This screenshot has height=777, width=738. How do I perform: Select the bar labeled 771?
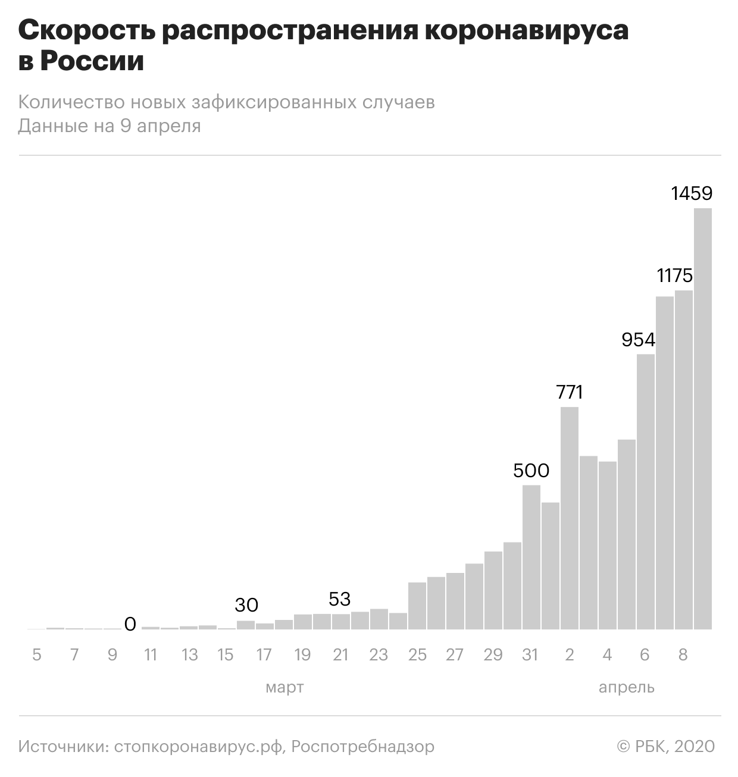[570, 518]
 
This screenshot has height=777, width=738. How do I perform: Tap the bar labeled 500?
[531, 557]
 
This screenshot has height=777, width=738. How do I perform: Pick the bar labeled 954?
[646, 491]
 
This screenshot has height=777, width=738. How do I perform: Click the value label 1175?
[675, 275]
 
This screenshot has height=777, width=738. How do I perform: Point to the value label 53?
[340, 599]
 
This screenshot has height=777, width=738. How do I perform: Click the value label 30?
[246, 605]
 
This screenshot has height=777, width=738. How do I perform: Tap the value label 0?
[130, 624]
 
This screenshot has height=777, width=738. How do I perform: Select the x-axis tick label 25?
[417, 655]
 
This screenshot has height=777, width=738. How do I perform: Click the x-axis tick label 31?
[530, 655]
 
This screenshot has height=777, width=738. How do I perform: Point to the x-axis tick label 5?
[37, 655]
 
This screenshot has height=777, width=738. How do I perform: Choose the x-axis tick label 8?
[683, 655]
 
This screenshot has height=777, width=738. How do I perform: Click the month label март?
[284, 688]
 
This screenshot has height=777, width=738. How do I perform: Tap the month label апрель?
[626, 688]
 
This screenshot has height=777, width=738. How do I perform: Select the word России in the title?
[92, 61]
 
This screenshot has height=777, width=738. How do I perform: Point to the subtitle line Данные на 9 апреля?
[110, 126]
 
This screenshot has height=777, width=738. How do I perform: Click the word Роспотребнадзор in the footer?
[363, 746]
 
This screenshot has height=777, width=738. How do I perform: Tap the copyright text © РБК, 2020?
[665, 746]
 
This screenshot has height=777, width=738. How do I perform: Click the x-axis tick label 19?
[302, 655]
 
